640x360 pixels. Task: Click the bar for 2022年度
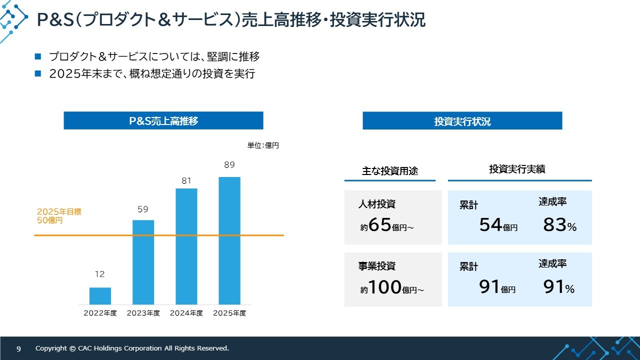point(100,296)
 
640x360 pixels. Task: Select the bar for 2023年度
point(143,262)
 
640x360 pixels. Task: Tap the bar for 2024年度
point(186,246)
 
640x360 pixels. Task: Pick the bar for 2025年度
point(229,240)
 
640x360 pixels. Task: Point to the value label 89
point(229,165)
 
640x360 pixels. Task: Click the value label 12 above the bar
point(99,274)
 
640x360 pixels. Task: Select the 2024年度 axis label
point(186,313)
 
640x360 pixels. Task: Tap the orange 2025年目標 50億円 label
point(59,215)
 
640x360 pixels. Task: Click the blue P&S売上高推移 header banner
point(163,120)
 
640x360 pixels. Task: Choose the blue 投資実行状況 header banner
point(462,121)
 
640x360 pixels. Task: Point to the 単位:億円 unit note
point(263,145)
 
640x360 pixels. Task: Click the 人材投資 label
point(377,204)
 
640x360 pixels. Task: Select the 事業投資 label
point(377,266)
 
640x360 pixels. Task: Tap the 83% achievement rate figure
point(559,225)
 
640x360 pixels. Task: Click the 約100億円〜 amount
point(392,287)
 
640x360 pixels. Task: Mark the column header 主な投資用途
point(390,171)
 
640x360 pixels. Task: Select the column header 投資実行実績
point(517,169)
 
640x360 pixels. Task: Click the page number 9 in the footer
point(18,348)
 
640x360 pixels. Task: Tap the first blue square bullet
point(38,56)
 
